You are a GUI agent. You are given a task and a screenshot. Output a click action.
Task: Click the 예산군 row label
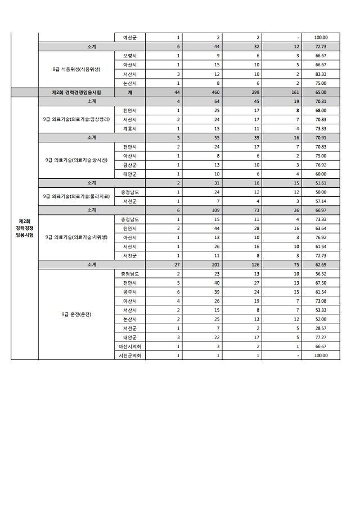(x=130, y=38)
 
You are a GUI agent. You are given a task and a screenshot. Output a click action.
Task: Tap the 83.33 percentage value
(x=321, y=74)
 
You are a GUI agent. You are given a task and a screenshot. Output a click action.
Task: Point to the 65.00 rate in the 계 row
(x=321, y=92)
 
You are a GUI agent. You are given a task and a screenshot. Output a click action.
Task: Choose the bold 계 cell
(x=130, y=92)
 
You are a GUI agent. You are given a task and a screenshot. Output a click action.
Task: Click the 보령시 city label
(x=130, y=56)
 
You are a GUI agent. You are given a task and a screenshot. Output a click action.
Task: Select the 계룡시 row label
(x=130, y=129)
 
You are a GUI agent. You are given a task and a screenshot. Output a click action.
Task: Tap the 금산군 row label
(x=130, y=165)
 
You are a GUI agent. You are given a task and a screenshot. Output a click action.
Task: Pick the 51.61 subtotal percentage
(x=321, y=183)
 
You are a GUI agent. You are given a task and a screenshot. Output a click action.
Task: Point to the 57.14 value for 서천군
(x=321, y=201)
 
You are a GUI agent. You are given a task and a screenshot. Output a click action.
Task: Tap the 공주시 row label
(x=130, y=292)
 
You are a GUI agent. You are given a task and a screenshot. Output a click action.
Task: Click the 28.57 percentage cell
(x=321, y=328)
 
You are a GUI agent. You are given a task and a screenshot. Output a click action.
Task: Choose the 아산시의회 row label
(x=130, y=346)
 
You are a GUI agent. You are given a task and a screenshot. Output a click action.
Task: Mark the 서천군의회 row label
(x=130, y=355)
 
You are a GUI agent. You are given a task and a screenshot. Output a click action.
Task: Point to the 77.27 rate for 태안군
(x=321, y=337)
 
